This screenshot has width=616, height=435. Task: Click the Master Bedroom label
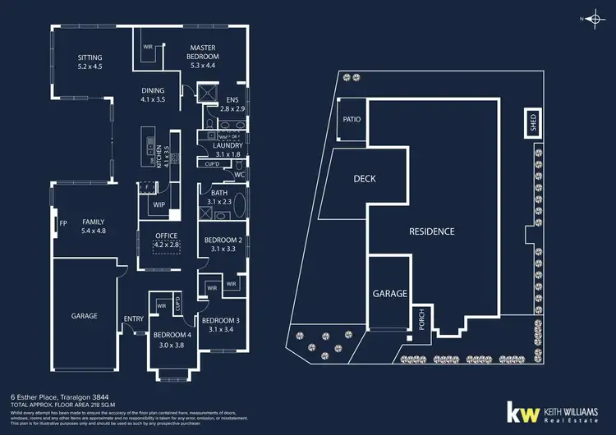coord(202,53)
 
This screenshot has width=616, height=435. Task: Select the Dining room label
coord(153,90)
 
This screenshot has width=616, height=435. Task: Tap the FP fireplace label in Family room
coord(62,222)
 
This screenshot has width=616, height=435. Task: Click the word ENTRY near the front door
coord(133,318)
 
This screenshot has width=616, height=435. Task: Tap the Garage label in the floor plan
coord(84,315)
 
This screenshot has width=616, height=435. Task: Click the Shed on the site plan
coord(532,123)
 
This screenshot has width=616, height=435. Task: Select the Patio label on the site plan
coord(352,119)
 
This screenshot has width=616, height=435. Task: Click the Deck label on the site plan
coord(365,178)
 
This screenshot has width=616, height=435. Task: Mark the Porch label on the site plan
coord(422,317)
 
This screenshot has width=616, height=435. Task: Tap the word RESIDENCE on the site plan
coord(431,231)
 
